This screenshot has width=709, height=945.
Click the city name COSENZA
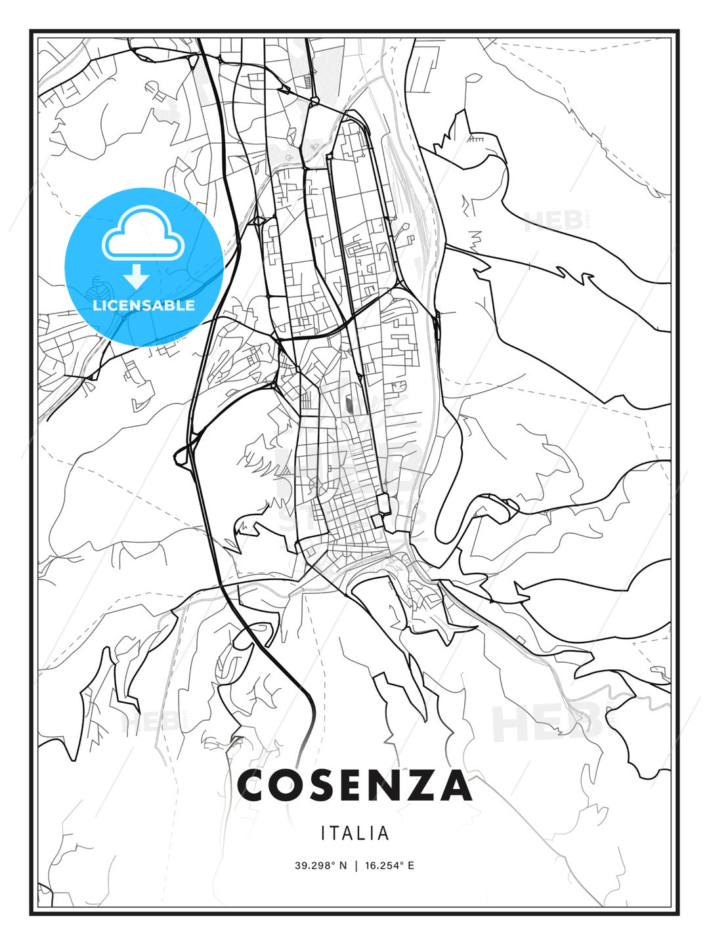click(x=354, y=786)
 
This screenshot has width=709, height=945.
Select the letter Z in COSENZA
click(x=421, y=786)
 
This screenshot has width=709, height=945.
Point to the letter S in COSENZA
click(x=322, y=786)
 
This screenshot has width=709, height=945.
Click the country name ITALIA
click(x=354, y=833)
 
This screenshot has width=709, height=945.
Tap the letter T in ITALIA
click(x=334, y=833)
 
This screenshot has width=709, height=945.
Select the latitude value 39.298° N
click(x=320, y=866)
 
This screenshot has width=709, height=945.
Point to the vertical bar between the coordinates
click(x=356, y=866)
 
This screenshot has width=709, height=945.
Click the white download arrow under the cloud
click(x=137, y=276)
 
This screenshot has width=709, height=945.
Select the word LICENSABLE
click(x=144, y=305)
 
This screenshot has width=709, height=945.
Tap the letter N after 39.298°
click(x=343, y=866)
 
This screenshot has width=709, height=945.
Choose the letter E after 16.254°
click(x=411, y=866)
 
